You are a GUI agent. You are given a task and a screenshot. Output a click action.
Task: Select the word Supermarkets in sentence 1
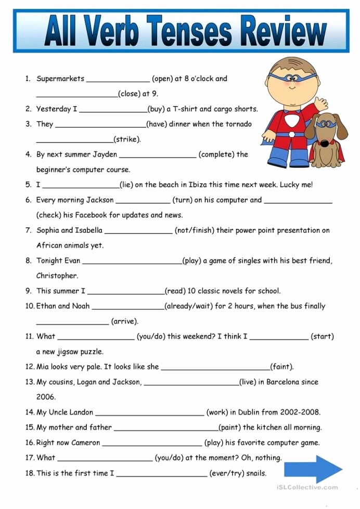(x=60, y=79)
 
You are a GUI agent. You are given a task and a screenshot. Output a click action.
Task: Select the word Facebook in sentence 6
(x=92, y=215)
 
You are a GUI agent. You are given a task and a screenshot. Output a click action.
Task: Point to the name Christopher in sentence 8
(x=57, y=276)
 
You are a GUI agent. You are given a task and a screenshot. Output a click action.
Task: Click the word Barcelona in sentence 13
(x=283, y=382)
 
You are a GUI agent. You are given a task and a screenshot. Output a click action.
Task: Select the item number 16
(x=29, y=443)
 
